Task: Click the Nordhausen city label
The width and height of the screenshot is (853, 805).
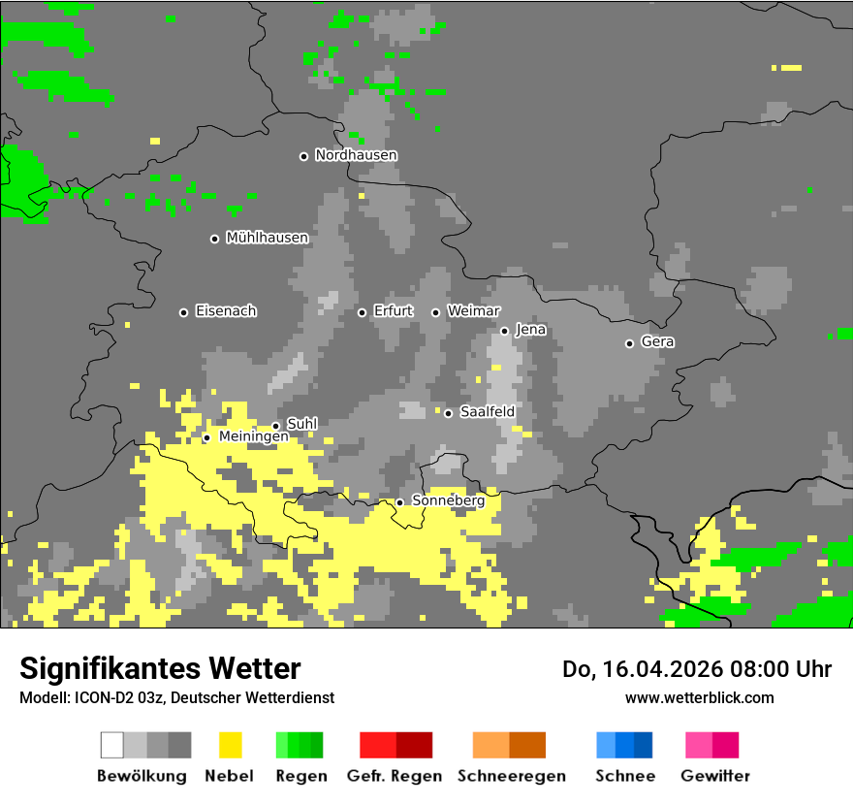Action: point(356,155)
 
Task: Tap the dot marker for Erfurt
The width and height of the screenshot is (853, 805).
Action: point(362,312)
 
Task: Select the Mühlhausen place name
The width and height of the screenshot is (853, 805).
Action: point(267,238)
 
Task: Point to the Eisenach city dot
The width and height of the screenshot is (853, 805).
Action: point(183,312)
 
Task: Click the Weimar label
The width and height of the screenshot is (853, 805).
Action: point(473,311)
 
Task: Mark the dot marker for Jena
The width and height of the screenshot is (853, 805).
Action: point(504,331)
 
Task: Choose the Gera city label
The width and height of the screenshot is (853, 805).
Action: point(657,342)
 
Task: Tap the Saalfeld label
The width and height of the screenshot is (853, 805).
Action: point(487,412)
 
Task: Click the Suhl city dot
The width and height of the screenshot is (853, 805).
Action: point(275,426)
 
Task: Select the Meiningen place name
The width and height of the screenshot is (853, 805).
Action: point(253,437)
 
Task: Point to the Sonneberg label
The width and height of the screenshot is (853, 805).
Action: point(448,501)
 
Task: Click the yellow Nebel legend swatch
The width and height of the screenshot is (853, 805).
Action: point(230,745)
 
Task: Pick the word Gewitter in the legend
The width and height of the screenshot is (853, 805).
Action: point(714,776)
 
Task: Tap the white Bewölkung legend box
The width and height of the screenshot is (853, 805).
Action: point(111,745)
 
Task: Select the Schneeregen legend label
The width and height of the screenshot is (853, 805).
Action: point(511,776)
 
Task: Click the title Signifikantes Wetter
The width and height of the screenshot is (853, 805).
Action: point(160,669)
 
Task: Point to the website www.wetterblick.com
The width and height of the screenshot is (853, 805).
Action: point(699,698)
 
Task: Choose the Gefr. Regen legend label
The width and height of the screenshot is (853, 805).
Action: point(394,776)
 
